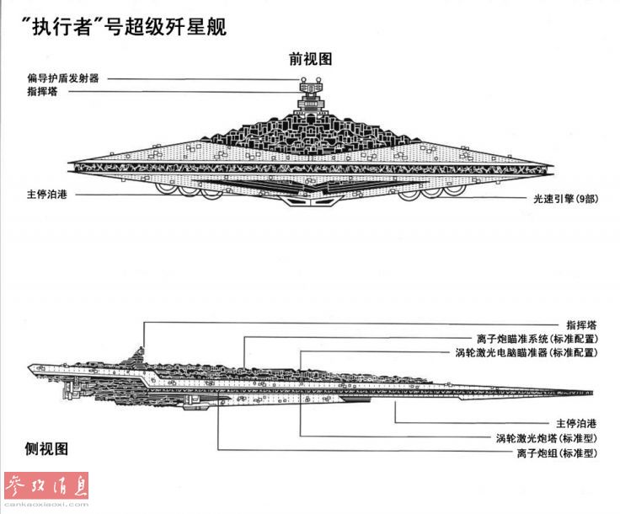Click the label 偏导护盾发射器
click(63, 78)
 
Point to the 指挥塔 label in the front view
click(41, 91)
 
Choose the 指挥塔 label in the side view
click(582, 324)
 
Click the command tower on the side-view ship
click(142, 352)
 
